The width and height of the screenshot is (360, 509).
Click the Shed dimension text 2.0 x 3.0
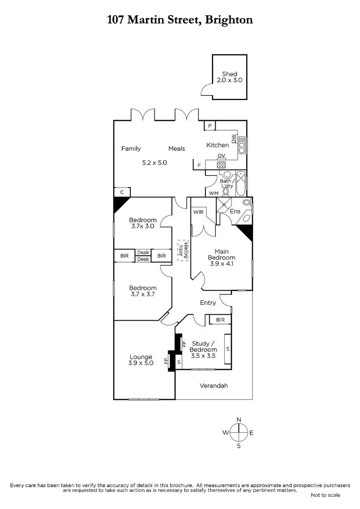coord(229,80)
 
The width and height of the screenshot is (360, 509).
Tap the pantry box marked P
coord(210,126)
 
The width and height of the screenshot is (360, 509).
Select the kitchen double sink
coord(242,145)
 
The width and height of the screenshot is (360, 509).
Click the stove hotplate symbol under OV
coord(221,165)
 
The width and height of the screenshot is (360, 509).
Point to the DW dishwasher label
coord(233,139)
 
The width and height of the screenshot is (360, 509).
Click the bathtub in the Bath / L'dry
coord(241,184)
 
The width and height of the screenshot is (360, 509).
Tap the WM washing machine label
coord(214,193)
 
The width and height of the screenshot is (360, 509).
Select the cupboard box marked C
coord(122,192)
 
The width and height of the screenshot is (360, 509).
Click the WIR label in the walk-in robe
coord(198,212)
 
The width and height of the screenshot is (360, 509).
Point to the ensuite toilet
coord(247,202)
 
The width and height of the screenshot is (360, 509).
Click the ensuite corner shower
coord(224,205)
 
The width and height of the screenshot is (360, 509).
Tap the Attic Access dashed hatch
coord(183,250)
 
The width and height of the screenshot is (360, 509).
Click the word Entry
coord(208,303)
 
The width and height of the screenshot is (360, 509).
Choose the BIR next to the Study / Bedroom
coord(220,320)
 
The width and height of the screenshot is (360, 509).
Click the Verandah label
coord(214,386)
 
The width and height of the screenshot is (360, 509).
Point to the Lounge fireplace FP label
coord(166,361)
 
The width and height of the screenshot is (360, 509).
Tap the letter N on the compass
coord(239,420)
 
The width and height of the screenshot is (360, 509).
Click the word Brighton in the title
coord(229,20)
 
